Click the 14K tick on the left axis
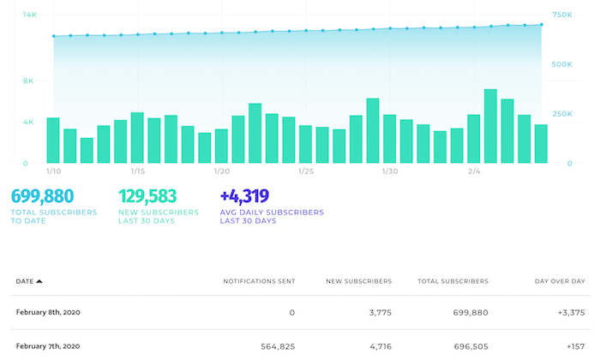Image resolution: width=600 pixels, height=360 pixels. point(28,15)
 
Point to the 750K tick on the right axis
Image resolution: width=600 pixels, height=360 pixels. point(562,15)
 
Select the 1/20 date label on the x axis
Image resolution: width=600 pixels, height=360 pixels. point(222,171)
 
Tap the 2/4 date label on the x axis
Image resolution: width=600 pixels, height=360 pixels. point(474,171)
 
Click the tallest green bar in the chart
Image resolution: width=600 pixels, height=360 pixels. point(490,126)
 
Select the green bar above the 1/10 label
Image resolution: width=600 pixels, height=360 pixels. point(53,141)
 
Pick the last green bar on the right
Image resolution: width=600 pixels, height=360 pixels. point(541,144)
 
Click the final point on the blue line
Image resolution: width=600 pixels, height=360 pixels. point(541,25)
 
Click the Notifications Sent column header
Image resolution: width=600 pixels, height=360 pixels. point(259,281)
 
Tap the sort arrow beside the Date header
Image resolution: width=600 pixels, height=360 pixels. point(39,281)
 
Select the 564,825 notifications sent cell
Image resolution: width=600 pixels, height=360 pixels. point(278,346)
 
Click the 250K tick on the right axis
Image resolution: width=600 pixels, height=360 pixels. point(562,113)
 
